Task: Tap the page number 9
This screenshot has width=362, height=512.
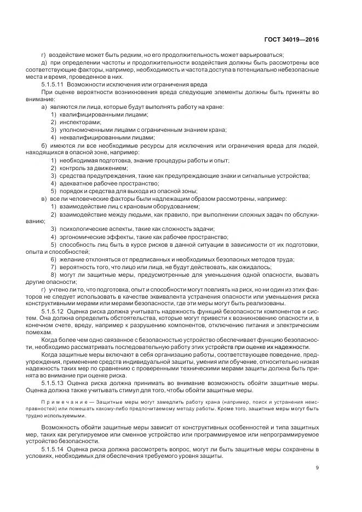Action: [x=317, y=467]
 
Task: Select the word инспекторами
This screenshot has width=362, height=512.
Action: [x=76, y=123]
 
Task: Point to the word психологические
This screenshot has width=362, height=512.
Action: [x=80, y=229]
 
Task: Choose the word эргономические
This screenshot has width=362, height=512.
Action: [x=80, y=236]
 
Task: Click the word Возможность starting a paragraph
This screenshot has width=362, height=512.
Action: [x=60, y=426]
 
